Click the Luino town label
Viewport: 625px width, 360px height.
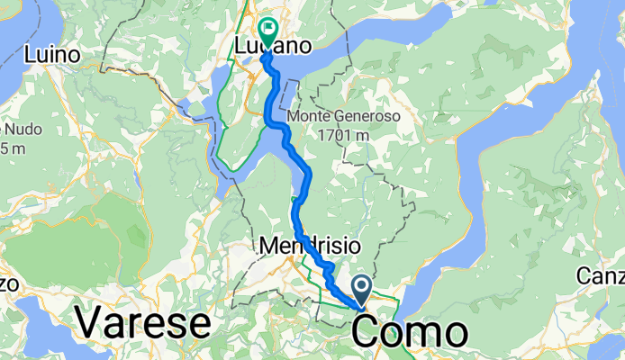[x=53, y=55]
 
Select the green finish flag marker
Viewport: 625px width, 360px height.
[x=267, y=31]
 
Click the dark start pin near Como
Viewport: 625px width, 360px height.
[x=362, y=291]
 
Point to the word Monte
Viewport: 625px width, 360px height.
[x=312, y=118]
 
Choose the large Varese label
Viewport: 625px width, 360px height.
[x=143, y=321]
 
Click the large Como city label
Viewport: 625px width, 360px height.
[x=410, y=331]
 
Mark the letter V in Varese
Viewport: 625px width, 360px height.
[x=90, y=321]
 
